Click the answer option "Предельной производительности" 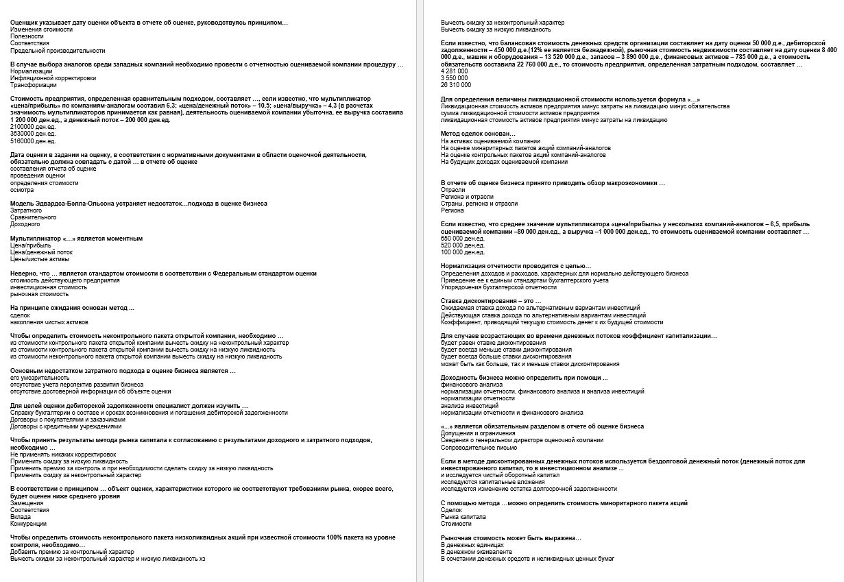(58, 51)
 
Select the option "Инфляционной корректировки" (53, 78)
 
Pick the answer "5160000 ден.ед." (33, 141)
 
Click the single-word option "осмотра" (22, 190)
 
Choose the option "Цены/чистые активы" (39, 259)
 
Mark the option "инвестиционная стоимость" (48, 287)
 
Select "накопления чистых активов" (49, 322)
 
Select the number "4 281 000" (455, 71)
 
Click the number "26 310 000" (456, 85)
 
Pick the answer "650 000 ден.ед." (463, 238)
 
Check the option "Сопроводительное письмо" (475, 447)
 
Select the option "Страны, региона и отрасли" (479, 204)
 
